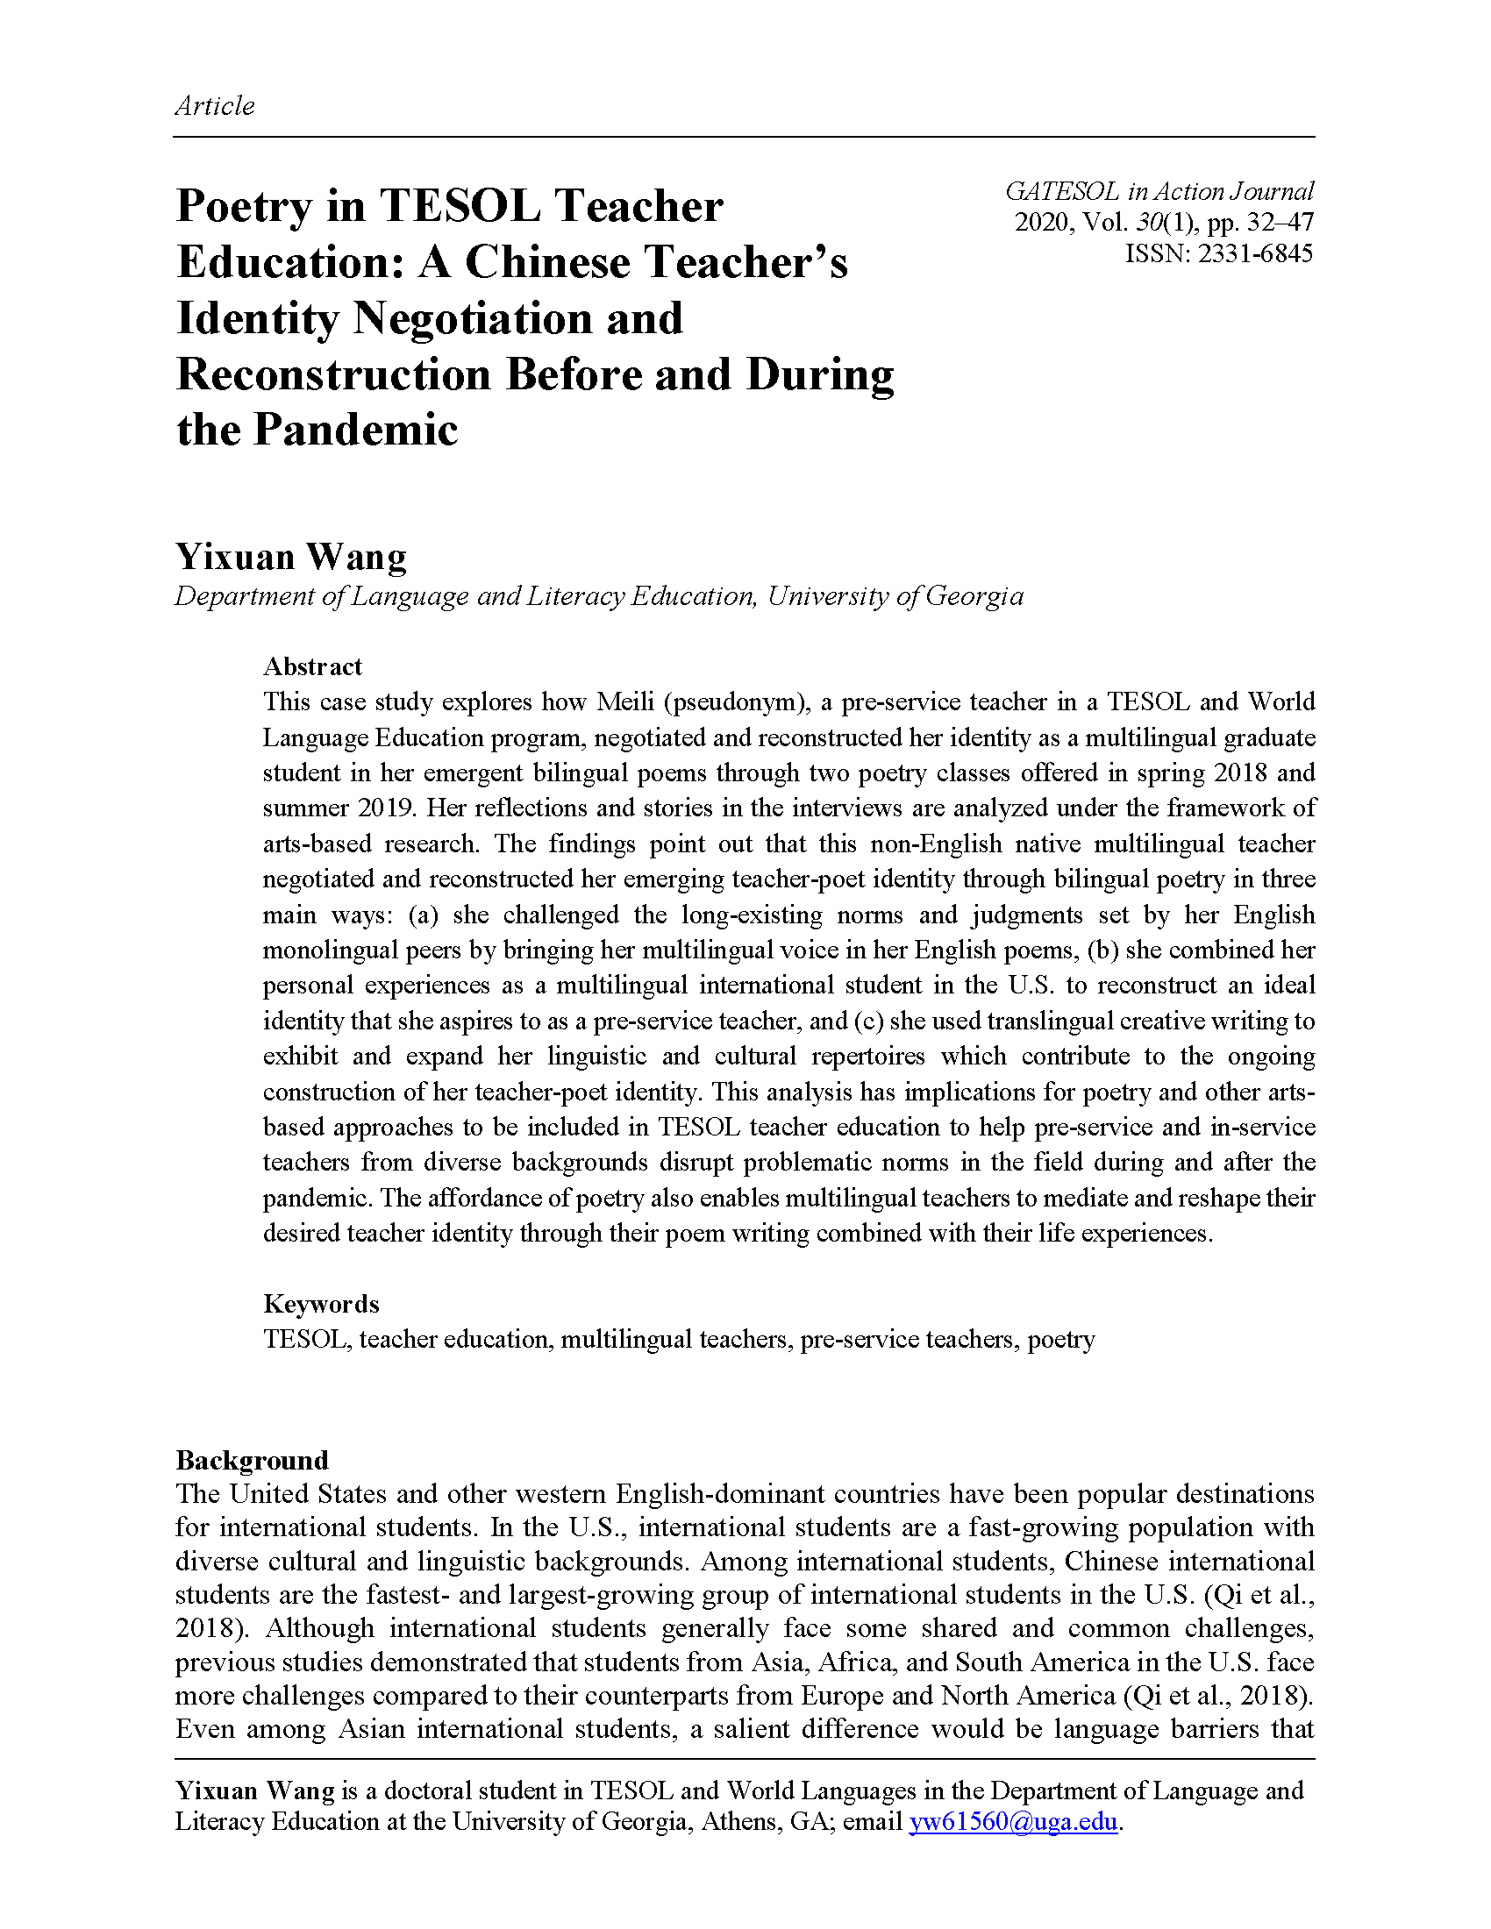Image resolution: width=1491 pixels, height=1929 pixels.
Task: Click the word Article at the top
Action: pos(215,106)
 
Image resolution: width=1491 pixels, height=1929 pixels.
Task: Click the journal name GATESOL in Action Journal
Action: pos(1159,192)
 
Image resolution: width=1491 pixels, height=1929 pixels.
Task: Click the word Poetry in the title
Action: pos(244,208)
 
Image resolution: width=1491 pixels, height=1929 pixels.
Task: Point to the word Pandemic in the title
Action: pos(356,431)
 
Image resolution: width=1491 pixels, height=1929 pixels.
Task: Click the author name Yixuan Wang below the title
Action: pos(290,558)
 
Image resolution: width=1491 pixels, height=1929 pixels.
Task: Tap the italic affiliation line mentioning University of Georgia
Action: pos(598,597)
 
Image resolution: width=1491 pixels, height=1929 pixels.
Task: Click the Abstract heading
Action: pos(313,666)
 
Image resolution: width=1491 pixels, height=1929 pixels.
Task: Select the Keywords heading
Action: pos(321,1304)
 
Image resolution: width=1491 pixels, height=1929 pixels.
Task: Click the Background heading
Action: pos(252,1460)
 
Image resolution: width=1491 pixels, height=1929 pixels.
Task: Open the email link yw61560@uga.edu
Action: pos(1013,1822)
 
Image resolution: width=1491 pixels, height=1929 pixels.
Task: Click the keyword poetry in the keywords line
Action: pos(1061,1340)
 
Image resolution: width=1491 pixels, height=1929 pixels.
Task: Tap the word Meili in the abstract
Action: pos(625,702)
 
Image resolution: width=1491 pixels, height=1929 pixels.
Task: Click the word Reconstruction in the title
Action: pos(333,375)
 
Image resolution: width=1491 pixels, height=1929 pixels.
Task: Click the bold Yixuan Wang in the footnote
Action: pos(254,1790)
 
